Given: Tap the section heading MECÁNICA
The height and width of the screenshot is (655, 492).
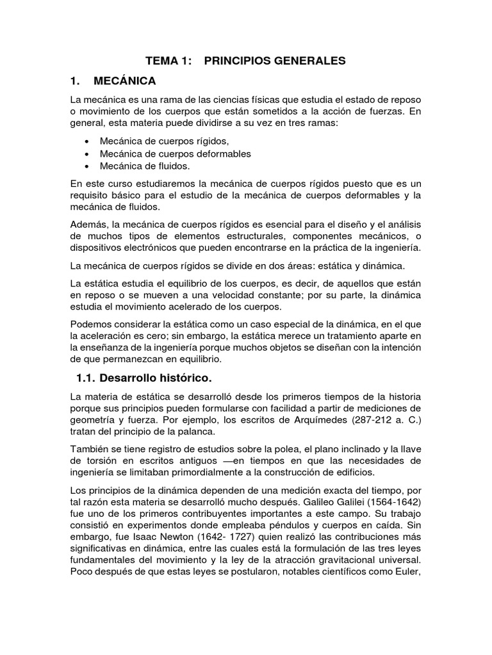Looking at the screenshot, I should click(124, 81).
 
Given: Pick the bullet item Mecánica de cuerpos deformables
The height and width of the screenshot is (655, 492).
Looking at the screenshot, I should click(176, 154).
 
